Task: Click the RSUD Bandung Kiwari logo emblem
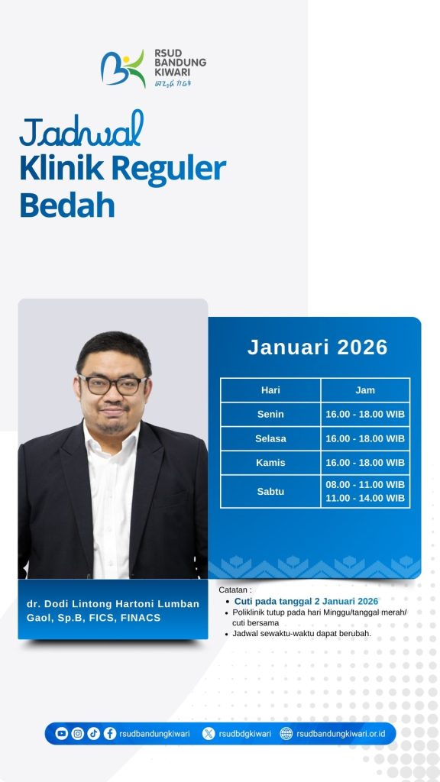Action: (123, 68)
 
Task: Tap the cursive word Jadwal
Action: (82, 130)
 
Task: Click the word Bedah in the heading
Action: (67, 205)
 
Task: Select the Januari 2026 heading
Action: (317, 347)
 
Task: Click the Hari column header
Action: (270, 390)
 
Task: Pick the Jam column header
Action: (365, 390)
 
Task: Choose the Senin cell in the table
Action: (270, 414)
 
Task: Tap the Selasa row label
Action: (270, 438)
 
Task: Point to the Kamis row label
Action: (270, 462)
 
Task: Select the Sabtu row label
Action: (270, 491)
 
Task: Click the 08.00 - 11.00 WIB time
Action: (365, 484)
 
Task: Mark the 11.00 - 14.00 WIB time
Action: (365, 498)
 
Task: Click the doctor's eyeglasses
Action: (113, 385)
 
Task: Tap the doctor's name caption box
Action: (113, 609)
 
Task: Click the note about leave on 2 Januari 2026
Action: (306, 601)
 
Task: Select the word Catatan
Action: (235, 590)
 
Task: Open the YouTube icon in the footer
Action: (61, 733)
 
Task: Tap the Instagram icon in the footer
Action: (77, 733)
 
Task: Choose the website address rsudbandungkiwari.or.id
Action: (341, 734)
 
